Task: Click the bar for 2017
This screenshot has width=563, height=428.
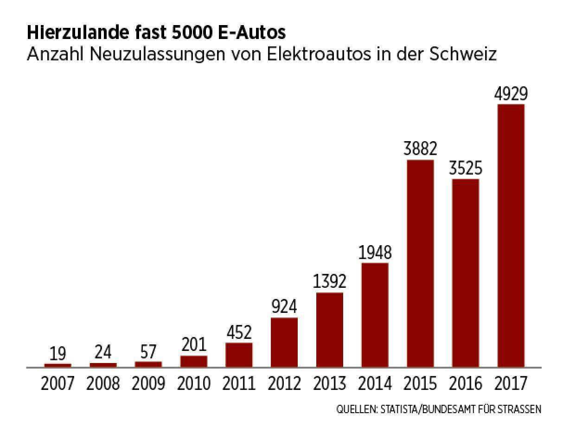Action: [511, 235]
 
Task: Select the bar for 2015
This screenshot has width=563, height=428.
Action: [420, 263]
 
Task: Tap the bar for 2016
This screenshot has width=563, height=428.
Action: [465, 272]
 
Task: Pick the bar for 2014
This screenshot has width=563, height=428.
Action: [375, 315]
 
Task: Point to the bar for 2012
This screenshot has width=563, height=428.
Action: [284, 342]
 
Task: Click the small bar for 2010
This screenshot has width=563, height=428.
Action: [194, 361]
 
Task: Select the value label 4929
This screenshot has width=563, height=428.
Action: [511, 94]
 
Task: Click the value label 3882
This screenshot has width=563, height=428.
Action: [420, 149]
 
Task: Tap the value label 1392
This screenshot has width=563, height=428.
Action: [329, 282]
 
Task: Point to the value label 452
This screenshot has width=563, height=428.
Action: [239, 333]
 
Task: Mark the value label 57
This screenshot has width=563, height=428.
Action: [148, 352]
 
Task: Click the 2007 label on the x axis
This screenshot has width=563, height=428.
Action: [58, 384]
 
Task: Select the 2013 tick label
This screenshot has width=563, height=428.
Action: [329, 384]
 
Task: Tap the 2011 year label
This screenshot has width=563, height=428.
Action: [239, 384]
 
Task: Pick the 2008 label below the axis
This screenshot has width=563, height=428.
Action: [103, 384]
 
